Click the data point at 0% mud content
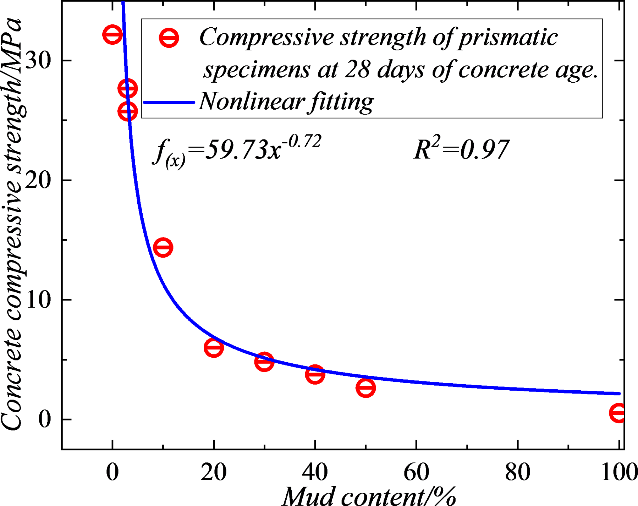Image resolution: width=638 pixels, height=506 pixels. (112, 34)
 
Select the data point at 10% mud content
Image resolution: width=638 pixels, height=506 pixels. (163, 247)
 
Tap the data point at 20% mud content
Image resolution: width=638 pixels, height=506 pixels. (214, 347)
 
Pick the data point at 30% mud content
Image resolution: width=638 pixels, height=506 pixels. (264, 361)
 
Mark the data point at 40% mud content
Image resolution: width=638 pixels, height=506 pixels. (315, 374)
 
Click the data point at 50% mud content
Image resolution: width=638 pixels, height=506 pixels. (366, 387)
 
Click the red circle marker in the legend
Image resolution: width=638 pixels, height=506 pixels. (169, 38)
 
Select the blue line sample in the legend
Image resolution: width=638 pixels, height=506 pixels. (169, 102)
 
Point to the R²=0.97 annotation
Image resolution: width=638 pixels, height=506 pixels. (461, 149)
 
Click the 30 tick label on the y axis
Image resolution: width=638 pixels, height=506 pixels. (38, 60)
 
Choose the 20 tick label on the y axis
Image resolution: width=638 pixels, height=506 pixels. (38, 180)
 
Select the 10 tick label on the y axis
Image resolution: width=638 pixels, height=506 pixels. (38, 300)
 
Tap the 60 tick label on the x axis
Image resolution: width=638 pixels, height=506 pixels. (416, 472)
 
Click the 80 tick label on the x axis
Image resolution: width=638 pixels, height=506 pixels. (518, 472)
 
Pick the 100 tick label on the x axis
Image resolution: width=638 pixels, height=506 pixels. (619, 472)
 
